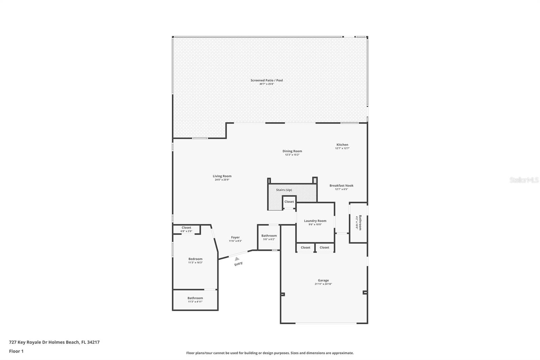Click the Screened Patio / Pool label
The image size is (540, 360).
[x=267, y=80]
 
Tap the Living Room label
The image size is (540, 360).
[x=222, y=176]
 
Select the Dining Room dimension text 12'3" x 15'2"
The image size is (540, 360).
[x=292, y=155]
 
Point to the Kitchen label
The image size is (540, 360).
[x=342, y=145]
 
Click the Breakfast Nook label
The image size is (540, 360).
[x=342, y=185]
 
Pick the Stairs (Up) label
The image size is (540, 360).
[x=284, y=190]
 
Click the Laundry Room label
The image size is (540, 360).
[x=315, y=221]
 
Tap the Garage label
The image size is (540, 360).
[x=323, y=280]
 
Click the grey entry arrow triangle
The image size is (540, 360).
[x=237, y=259]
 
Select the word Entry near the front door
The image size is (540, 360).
[x=239, y=264]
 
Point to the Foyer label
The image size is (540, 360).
[x=235, y=237]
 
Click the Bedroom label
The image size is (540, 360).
[x=195, y=259]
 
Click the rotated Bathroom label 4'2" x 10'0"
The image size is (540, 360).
[x=359, y=223]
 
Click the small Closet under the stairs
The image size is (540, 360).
[x=289, y=202]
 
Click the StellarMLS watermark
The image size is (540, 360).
[x=524, y=180]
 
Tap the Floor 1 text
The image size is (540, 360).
[x=16, y=351]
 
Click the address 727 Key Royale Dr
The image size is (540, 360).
[x=54, y=342]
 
